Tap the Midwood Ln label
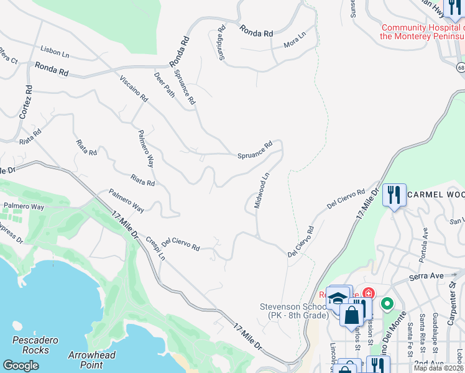click(x=262, y=190)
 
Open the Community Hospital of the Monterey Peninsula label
click(x=421, y=32)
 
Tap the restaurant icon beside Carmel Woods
click(x=394, y=195)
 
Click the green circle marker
click(x=387, y=304)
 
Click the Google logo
click(x=21, y=366)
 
